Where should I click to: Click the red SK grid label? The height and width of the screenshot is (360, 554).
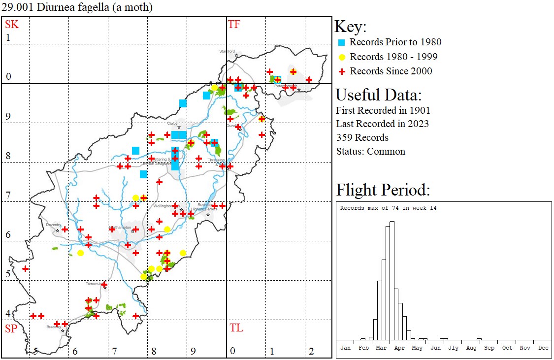point(12,24)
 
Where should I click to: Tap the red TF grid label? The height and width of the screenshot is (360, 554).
point(234,24)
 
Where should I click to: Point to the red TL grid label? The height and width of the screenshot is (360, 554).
point(236,328)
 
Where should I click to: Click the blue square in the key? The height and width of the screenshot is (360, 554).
point(341,42)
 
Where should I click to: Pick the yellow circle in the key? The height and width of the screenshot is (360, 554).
point(341,57)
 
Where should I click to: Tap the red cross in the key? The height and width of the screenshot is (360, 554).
point(341,71)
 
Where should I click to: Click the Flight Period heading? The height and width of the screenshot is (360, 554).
point(383,190)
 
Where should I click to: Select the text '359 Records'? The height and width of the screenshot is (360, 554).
point(362,137)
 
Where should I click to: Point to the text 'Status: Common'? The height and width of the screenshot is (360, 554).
point(370,151)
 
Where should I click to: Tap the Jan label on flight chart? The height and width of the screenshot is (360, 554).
point(346,348)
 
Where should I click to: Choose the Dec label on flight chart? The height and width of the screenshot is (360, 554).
point(543,348)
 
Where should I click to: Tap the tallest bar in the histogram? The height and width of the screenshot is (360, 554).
point(392,281)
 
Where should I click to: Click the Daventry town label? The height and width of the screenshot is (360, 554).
point(53,225)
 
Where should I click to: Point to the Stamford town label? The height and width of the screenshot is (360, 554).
point(228,51)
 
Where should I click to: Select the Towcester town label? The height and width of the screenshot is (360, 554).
point(93,284)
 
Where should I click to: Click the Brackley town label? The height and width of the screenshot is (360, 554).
point(53,327)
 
